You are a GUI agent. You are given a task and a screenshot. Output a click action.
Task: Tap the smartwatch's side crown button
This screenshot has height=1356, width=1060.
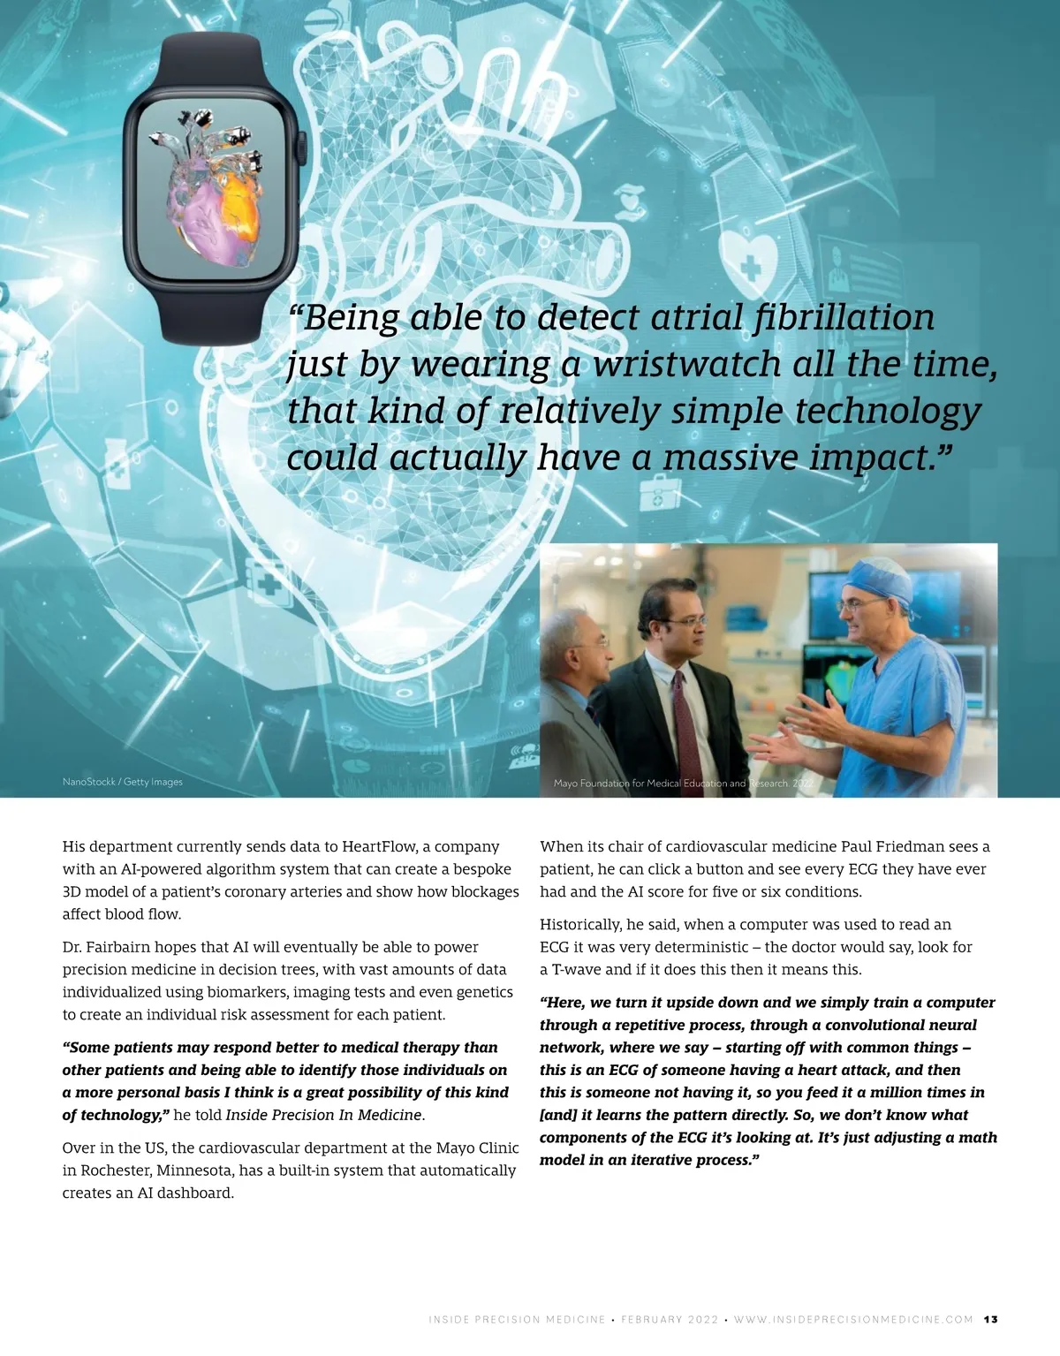[300, 145]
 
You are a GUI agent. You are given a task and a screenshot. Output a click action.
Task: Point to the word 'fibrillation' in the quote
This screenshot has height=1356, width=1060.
[844, 317]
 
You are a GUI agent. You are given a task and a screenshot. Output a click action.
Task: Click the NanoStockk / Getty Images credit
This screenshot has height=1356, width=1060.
[123, 782]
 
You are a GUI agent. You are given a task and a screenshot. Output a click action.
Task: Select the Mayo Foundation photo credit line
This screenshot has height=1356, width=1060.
[682, 784]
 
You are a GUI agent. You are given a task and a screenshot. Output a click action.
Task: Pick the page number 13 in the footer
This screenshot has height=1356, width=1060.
[991, 1320]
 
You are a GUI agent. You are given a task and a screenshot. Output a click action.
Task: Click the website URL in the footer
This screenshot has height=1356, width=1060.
[853, 1320]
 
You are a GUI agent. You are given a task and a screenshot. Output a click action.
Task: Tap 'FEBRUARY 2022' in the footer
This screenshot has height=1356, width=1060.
[670, 1320]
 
